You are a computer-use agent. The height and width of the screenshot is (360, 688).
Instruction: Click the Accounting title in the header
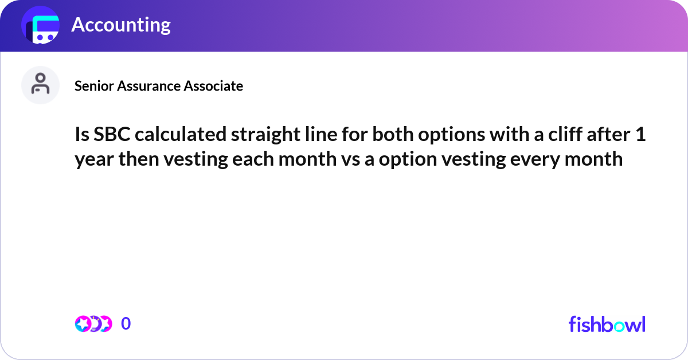point(121,25)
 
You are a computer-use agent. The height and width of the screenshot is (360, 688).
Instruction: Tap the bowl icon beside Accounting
point(41,25)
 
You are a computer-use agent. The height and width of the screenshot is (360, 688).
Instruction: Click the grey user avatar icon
point(40,85)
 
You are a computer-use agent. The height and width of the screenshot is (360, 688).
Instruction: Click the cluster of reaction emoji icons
point(93,324)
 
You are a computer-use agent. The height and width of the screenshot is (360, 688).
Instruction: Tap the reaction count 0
point(126,324)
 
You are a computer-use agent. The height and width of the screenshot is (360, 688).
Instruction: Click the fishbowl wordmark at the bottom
point(607,324)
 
